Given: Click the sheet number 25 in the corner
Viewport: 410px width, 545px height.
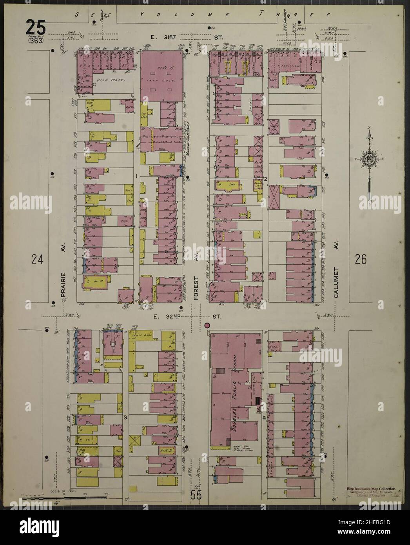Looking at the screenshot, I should point(36,28).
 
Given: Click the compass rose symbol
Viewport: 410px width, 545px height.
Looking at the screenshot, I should point(370,159).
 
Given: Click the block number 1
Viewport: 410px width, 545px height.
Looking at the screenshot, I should point(136,176).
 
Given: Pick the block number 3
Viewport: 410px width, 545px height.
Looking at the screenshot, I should point(125,417).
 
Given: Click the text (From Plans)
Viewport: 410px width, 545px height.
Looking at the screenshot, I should point(111,80).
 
